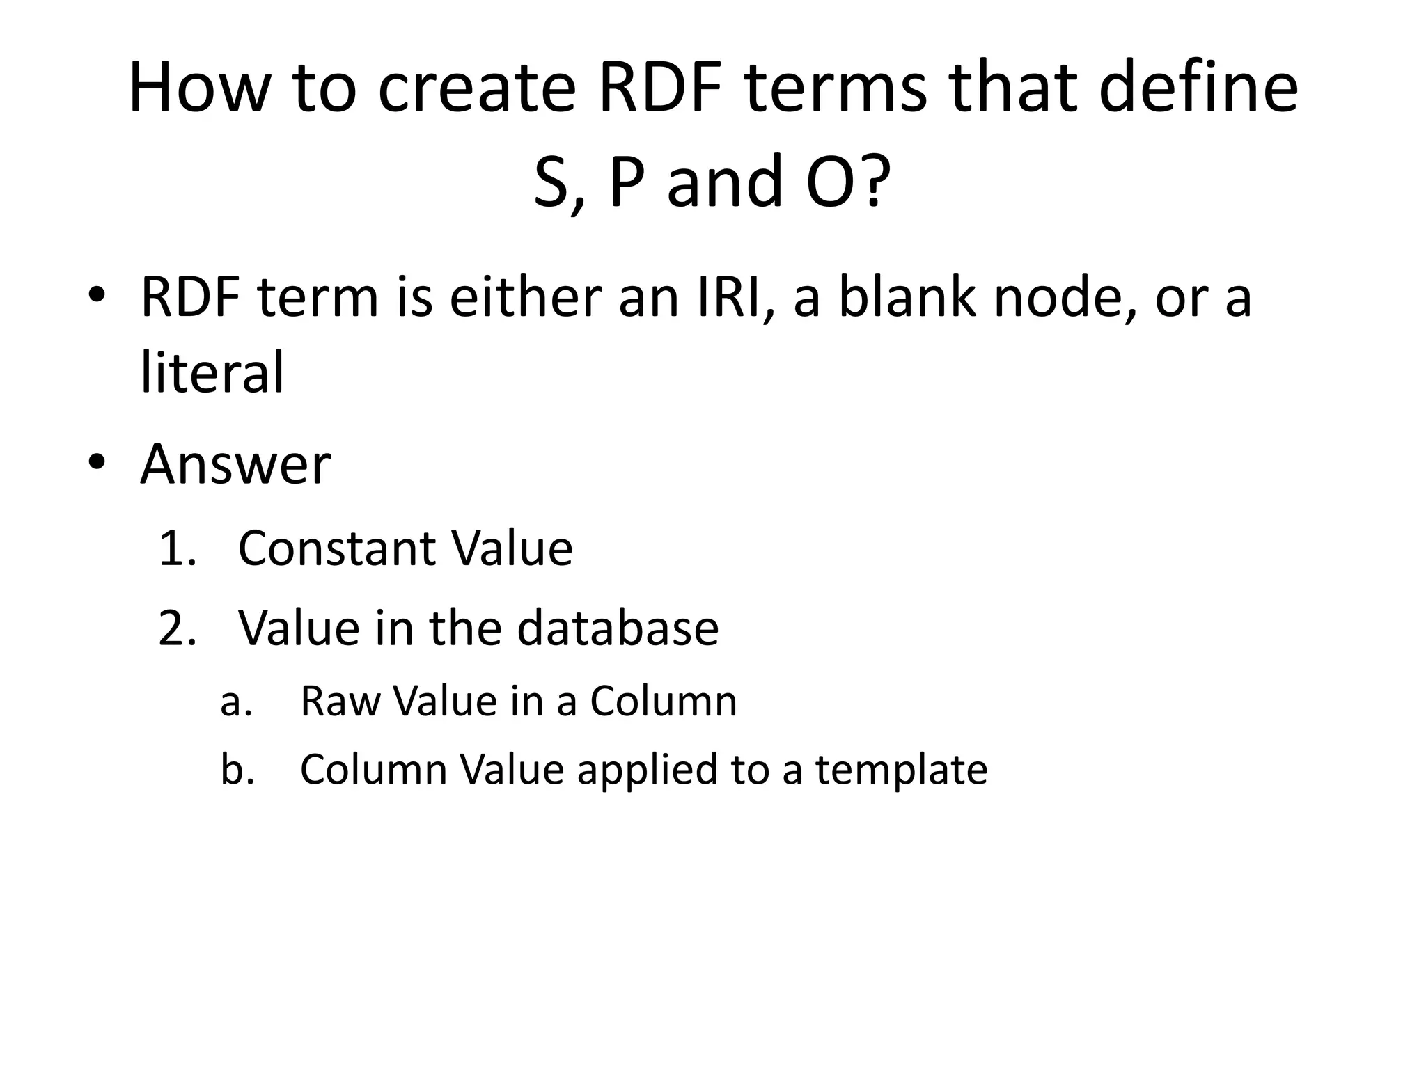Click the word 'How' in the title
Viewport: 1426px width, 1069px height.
(198, 89)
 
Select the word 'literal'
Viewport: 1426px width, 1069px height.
(212, 372)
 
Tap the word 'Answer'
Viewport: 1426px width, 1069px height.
(235, 464)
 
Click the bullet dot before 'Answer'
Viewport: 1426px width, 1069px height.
(96, 462)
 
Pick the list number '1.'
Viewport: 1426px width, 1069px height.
(177, 548)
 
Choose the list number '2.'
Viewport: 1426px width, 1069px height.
(177, 628)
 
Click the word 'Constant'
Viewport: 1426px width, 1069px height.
(337, 548)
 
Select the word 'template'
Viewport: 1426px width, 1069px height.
(902, 771)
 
